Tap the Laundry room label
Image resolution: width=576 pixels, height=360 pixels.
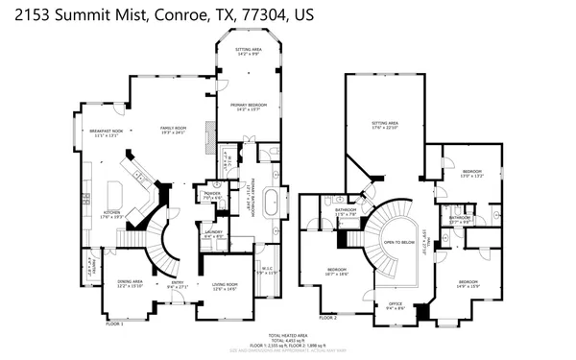click(x=214, y=232)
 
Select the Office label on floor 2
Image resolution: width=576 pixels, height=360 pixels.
click(x=394, y=305)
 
